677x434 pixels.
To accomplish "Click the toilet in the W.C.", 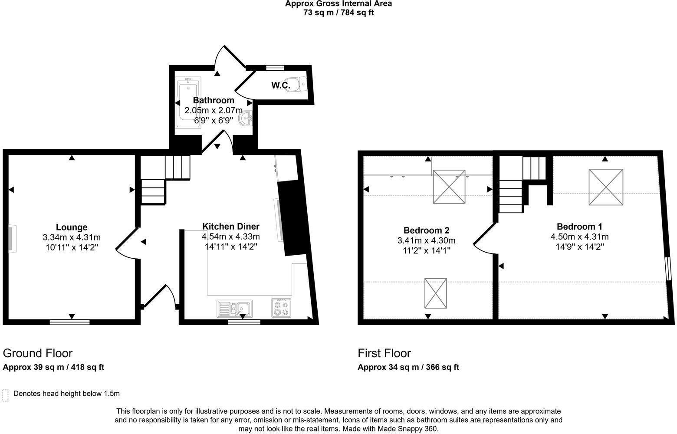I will click(298, 83).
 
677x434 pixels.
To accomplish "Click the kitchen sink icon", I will click(234, 309).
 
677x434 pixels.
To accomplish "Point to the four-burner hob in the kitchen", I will click(281, 308).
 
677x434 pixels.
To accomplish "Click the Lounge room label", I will click(72, 227).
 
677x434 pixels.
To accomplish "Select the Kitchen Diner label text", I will click(231, 226).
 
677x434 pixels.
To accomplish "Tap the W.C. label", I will click(281, 85).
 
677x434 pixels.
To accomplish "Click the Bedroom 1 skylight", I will click(606, 187).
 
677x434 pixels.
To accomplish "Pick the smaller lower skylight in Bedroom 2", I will click(435, 293).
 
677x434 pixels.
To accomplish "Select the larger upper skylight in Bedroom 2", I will click(449, 187).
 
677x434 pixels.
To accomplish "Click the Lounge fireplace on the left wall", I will click(11, 238).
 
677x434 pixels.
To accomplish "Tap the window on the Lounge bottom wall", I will click(69, 322).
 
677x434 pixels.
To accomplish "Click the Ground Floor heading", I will click(38, 353).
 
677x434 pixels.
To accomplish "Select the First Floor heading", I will click(384, 353).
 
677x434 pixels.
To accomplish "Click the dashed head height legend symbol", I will click(6, 395).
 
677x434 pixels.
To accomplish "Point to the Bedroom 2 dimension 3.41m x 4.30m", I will click(426, 240).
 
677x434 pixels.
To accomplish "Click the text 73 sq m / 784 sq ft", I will click(338, 13).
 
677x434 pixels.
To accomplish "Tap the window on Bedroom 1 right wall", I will click(669, 269).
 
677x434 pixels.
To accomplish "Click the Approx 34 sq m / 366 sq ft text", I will click(408, 367).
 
